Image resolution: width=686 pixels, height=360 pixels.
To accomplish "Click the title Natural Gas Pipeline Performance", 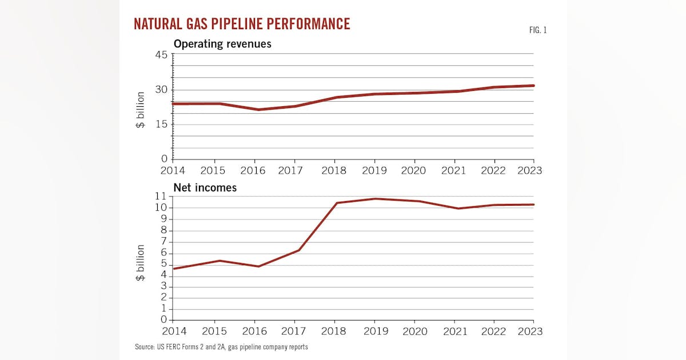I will (241, 24).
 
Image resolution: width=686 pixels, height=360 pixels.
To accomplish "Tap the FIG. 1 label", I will (538, 30).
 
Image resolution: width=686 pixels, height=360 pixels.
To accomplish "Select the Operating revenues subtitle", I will (222, 43).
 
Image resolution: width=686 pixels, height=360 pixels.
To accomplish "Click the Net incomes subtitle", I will (205, 187).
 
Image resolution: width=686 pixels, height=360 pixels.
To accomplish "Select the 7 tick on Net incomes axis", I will (163, 242).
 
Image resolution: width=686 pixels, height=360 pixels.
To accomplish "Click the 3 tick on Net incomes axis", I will (163, 286).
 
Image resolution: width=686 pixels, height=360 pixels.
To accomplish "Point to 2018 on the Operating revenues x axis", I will (334, 170).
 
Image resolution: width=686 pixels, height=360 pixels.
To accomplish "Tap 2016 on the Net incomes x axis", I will (254, 331).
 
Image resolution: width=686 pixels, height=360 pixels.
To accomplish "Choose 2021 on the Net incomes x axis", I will (454, 331).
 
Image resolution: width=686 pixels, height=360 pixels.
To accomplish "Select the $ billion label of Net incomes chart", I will (140, 263).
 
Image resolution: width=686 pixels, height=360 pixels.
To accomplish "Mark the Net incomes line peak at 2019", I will (374, 199).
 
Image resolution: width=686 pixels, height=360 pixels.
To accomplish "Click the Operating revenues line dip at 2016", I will (259, 110).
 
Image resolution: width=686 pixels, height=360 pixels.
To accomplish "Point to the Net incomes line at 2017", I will (299, 250).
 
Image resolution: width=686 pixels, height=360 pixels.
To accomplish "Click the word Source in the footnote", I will (143, 347).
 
